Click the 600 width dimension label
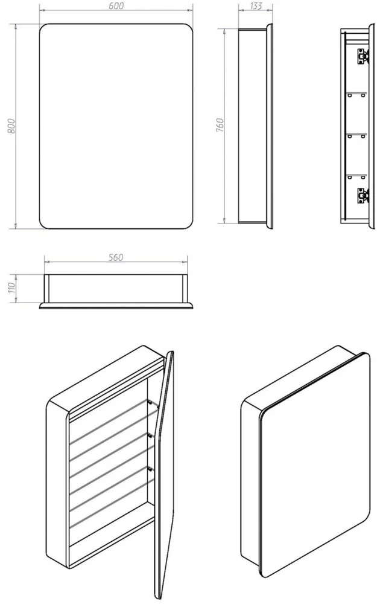pyautogui.click(x=116, y=6)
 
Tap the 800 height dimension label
pyautogui.click(x=12, y=126)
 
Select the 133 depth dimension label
pyautogui.click(x=255, y=6)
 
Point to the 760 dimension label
pyautogui.click(x=220, y=126)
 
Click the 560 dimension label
pyautogui.click(x=115, y=257)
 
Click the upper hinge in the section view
pyautogui.click(x=363, y=56)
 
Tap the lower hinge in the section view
pyautogui.click(x=363, y=196)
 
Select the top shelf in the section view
pyautogui.click(x=356, y=93)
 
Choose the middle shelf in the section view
pyautogui.click(x=356, y=135)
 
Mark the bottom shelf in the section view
pyautogui.click(x=356, y=176)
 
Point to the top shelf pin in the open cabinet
pyautogui.click(x=150, y=402)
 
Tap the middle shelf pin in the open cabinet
pyautogui.click(x=150, y=435)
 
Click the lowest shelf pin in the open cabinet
pyautogui.click(x=150, y=468)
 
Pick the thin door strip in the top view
pyautogui.click(x=116, y=306)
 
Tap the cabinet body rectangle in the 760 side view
pyautogui.click(x=252, y=126)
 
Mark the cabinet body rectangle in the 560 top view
pyautogui.click(x=116, y=289)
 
